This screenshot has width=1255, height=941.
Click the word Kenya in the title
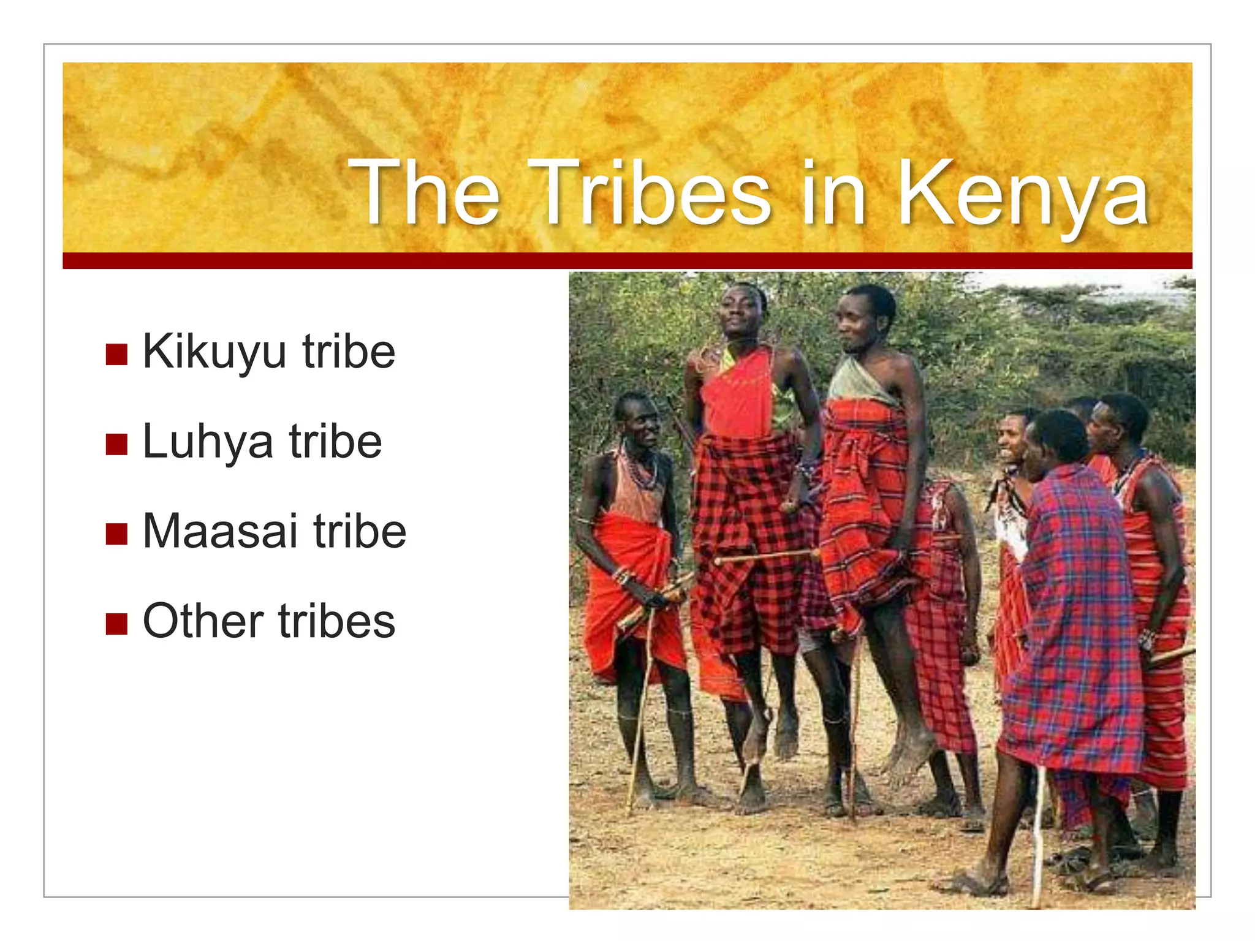click(1022, 195)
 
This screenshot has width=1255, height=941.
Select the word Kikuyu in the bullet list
click(214, 352)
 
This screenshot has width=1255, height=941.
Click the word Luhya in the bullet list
click(207, 442)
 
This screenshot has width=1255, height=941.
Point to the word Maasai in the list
click(220, 531)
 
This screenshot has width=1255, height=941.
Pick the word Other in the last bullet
click(203, 621)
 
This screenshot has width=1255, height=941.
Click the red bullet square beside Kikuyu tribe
click(116, 354)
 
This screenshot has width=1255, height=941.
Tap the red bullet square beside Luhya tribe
click(116, 444)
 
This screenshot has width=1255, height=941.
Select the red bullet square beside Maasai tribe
click(116, 534)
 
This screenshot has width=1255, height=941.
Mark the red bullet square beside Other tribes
click(116, 624)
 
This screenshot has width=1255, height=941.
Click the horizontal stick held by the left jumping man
click(766, 556)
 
